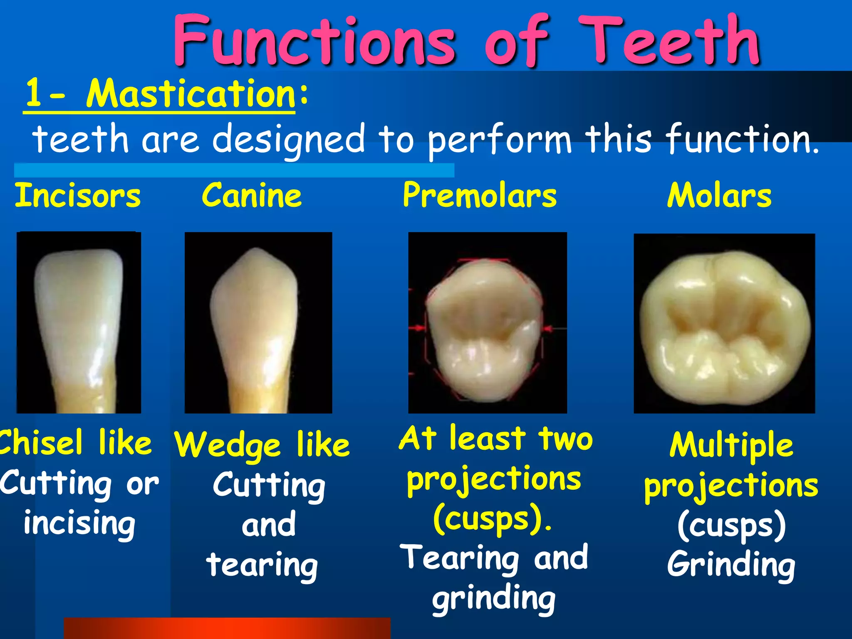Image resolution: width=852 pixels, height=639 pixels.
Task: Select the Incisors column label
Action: [x=78, y=196]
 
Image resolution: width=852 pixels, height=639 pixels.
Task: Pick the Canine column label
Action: [x=252, y=196]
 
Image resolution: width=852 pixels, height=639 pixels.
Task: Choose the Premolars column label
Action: [x=479, y=196]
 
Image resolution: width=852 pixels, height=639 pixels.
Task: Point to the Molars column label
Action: [x=719, y=196]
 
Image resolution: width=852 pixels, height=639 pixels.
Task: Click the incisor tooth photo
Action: [x=79, y=322]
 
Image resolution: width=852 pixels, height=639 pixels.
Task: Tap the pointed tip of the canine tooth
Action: [x=255, y=251]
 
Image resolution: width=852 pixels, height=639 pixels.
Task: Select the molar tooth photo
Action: [x=724, y=324]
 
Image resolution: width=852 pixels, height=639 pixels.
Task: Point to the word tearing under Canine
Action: [x=262, y=565]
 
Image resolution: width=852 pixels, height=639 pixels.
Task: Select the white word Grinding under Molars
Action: [x=731, y=564]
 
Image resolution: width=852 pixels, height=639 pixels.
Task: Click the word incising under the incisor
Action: [x=79, y=523]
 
